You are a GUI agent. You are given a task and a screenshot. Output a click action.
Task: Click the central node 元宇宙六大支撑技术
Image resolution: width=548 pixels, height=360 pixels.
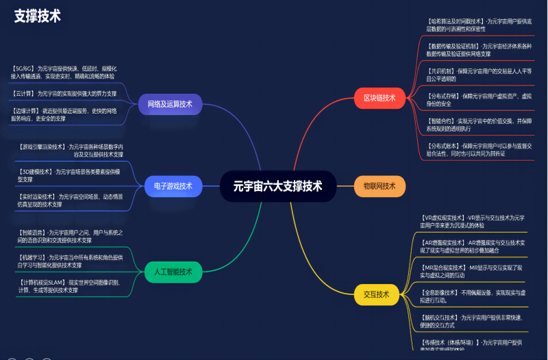(277, 186)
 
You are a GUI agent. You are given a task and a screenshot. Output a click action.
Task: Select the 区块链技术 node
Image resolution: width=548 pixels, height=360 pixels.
(379, 98)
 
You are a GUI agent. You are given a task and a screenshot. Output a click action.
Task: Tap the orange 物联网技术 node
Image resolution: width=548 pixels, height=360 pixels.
(379, 186)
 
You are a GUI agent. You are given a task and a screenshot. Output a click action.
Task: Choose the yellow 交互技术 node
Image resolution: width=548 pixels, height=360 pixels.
(376, 295)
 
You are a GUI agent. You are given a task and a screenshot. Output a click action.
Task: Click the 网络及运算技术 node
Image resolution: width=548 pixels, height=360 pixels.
(170, 105)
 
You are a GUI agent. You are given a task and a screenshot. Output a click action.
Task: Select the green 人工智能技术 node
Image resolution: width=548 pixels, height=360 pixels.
(168, 272)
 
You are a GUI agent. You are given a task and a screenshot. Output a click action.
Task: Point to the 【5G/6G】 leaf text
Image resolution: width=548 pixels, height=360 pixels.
(64, 73)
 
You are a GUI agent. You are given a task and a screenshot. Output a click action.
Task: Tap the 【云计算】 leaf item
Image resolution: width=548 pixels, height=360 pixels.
(64, 94)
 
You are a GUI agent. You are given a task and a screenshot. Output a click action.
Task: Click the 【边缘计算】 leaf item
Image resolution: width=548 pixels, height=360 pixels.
(64, 114)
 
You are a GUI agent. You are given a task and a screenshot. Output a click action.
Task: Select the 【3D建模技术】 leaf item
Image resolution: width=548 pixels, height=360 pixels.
(68, 175)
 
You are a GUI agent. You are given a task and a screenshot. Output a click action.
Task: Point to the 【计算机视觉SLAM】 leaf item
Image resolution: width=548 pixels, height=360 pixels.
(68, 286)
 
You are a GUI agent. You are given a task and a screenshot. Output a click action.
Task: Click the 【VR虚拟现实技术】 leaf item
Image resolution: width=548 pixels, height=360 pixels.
(473, 221)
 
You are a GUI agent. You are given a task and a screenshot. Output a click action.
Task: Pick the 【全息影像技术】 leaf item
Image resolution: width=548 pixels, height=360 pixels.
(473, 296)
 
